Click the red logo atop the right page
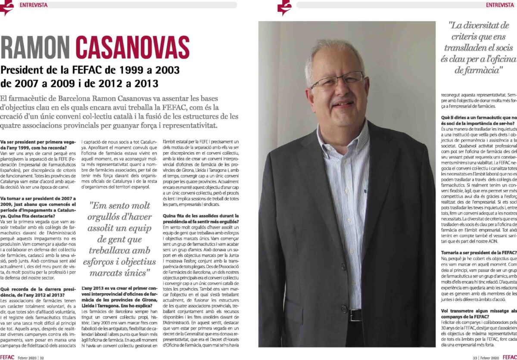284,7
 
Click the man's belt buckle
355,303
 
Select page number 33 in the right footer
475,357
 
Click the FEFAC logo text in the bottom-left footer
8,357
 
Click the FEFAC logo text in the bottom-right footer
509,357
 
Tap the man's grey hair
332,50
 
